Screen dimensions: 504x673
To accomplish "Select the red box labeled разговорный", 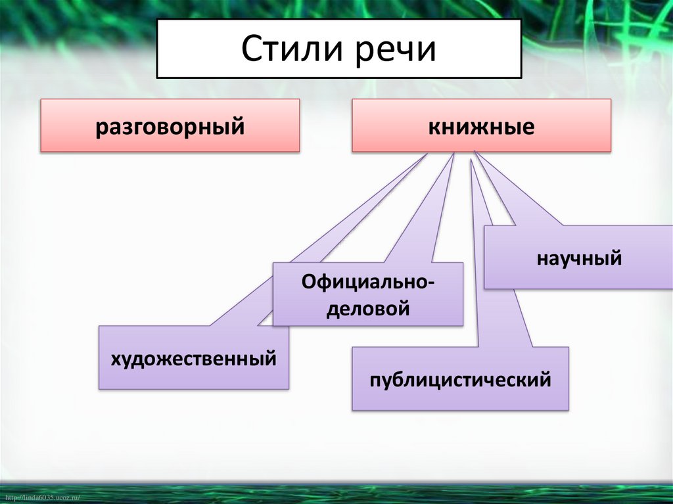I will click(170, 126).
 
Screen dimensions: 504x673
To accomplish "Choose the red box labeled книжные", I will click(481, 126).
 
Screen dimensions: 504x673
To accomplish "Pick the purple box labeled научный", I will click(578, 258).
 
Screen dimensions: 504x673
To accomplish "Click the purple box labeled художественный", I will click(193, 358).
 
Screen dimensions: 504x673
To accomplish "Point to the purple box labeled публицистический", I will click(460, 379).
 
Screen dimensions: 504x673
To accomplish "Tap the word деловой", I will click(368, 307).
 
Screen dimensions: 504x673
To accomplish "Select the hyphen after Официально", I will click(430, 283).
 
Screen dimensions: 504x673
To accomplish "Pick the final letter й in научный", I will click(616, 258).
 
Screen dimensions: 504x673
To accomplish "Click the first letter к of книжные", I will click(434, 126).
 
